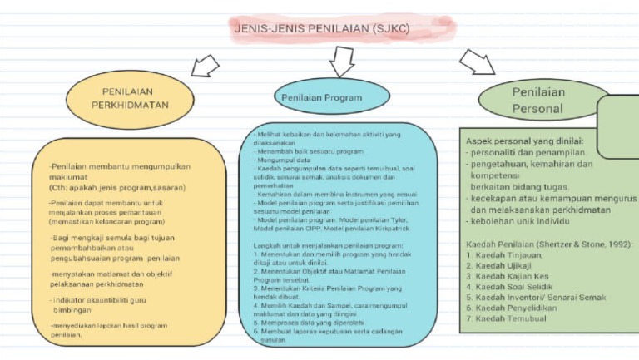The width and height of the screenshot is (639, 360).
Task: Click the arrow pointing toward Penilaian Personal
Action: [x=477, y=62]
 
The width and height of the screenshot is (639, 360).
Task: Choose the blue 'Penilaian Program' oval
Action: [x=322, y=98]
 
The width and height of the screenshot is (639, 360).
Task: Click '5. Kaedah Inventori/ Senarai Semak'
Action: [x=536, y=297]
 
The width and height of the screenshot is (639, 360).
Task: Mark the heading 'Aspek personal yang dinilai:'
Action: [x=524, y=141]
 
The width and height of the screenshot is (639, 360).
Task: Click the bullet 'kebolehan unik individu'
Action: [x=518, y=221]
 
